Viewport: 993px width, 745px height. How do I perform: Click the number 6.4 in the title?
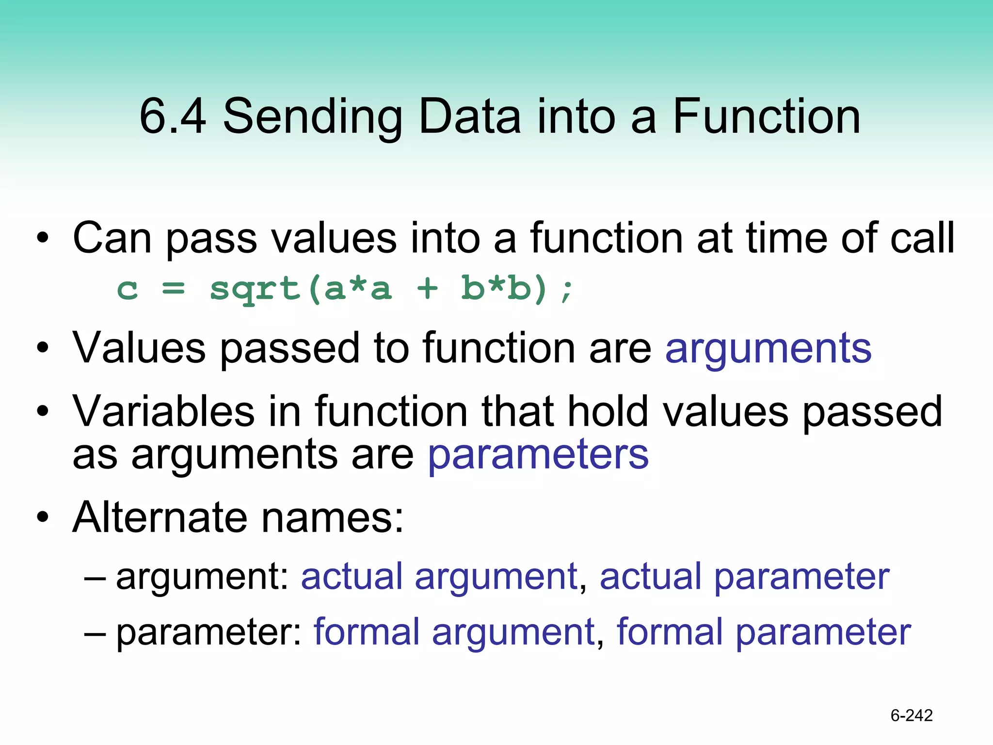(x=172, y=116)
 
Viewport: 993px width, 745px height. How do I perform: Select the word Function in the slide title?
(x=767, y=116)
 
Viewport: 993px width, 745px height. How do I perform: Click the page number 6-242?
(x=912, y=715)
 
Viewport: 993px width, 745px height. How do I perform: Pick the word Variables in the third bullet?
(x=163, y=412)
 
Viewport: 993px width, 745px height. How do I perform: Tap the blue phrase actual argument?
(x=439, y=577)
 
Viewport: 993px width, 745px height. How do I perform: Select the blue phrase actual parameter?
(x=744, y=577)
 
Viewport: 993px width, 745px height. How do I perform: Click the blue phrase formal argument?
(x=454, y=633)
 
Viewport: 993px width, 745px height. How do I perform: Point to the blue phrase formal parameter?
(x=764, y=633)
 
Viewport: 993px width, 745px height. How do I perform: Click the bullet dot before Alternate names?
(x=43, y=518)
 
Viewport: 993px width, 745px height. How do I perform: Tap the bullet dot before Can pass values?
(x=43, y=238)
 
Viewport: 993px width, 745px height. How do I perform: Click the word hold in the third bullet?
(x=607, y=412)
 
